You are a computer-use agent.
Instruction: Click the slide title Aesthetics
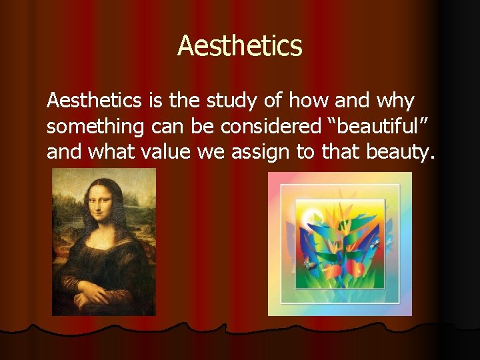[240, 47]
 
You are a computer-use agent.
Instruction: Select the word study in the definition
[228, 101]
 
